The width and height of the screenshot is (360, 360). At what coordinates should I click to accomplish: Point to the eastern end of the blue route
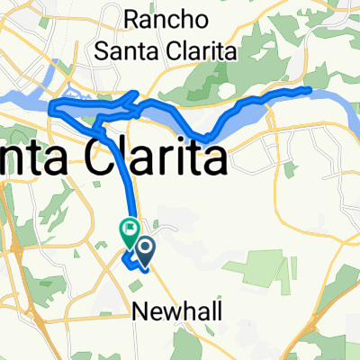click(309, 89)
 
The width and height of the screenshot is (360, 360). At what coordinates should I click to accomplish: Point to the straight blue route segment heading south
click(125, 180)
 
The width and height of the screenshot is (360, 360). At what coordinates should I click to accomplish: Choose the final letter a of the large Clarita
click(212, 162)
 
